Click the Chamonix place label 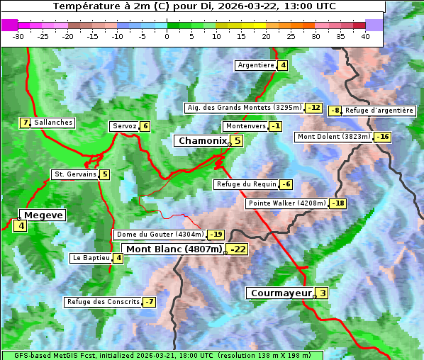(202, 141)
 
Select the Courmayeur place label (281, 293)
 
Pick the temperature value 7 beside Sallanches (26, 123)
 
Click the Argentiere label (256, 65)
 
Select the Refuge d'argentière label (379, 111)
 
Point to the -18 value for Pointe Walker (338, 203)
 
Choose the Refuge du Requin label (246, 184)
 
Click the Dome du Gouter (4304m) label (160, 235)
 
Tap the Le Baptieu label (91, 258)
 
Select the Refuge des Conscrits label (103, 302)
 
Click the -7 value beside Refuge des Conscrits (149, 302)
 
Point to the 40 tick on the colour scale (365, 35)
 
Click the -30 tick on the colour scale (18, 35)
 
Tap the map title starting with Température (194, 6)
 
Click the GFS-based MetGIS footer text (162, 355)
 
